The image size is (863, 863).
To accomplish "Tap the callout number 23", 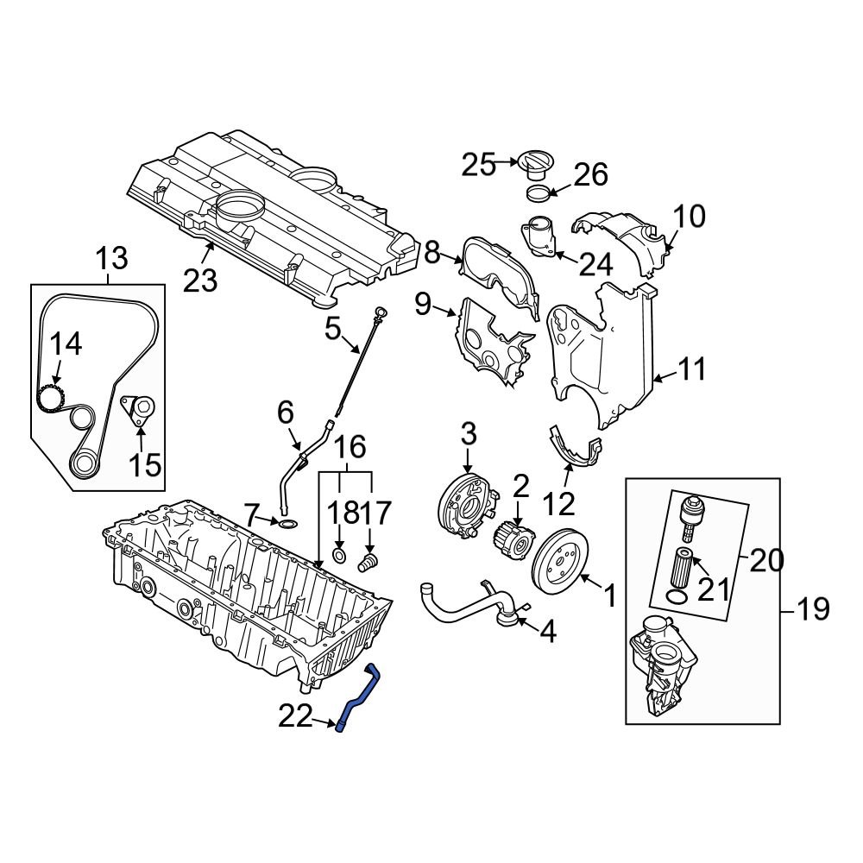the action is coord(200,280).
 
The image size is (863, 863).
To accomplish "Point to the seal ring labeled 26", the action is coord(537,192).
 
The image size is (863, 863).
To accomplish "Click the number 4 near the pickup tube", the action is coord(548,632).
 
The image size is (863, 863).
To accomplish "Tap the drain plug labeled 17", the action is coord(367,563).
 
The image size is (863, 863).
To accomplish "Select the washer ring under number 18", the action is coord(339,555).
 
